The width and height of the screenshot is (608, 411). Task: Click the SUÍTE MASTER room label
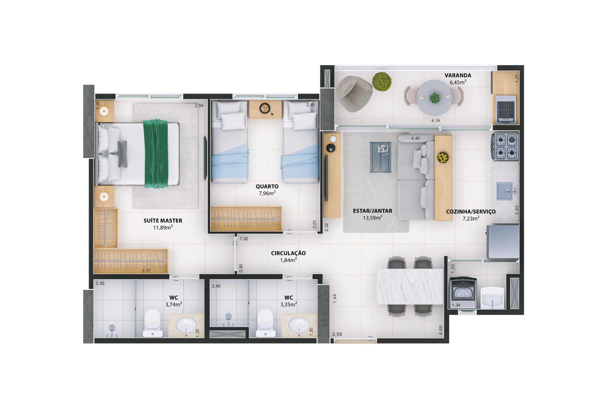pyautogui.click(x=163, y=221)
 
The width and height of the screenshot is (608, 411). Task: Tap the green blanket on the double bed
pyautogui.click(x=155, y=154)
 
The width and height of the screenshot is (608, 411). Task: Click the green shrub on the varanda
pyautogui.click(x=382, y=81)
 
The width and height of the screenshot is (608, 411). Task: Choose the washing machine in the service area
pyautogui.click(x=463, y=293)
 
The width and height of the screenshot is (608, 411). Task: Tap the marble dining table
pyautogui.click(x=410, y=286)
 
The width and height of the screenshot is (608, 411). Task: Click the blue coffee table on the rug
pyautogui.click(x=380, y=157)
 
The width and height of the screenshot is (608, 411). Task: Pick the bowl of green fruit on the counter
pyautogui.click(x=443, y=157)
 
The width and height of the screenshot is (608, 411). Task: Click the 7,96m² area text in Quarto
pyautogui.click(x=267, y=193)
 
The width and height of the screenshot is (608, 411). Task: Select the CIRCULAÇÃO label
pyautogui.click(x=288, y=253)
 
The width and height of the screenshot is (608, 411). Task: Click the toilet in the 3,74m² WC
pyautogui.click(x=152, y=323)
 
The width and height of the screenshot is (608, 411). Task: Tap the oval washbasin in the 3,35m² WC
pyautogui.click(x=299, y=325)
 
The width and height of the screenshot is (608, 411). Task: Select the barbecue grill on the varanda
pyautogui.click(x=506, y=109)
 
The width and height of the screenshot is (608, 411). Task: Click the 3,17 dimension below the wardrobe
pyautogui.click(x=146, y=271)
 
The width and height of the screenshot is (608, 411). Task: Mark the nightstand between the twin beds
pyautogui.click(x=265, y=109)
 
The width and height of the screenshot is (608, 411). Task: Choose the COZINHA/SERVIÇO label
pyautogui.click(x=471, y=212)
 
